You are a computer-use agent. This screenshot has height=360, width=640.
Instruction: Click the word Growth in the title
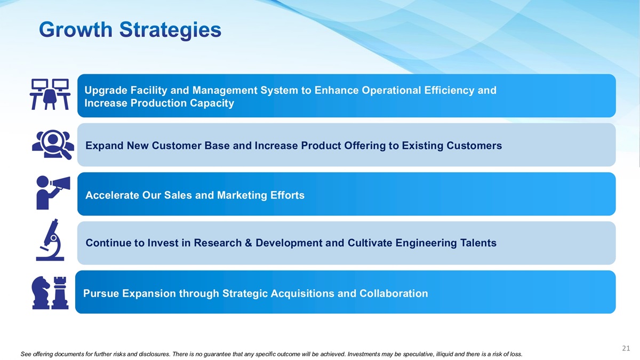click(x=76, y=29)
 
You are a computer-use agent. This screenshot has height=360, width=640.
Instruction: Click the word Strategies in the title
click(x=170, y=30)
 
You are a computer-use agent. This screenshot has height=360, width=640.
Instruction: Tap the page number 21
click(x=626, y=348)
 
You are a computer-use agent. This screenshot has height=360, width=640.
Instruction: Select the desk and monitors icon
click(x=50, y=94)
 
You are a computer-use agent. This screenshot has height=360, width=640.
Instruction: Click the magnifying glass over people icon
click(x=53, y=145)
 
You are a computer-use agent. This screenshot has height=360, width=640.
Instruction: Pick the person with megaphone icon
click(x=53, y=193)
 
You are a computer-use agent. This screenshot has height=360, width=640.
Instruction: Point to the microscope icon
click(x=50, y=240)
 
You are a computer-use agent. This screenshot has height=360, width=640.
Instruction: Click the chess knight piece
click(x=41, y=293)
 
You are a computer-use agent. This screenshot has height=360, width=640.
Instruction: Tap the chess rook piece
click(x=60, y=293)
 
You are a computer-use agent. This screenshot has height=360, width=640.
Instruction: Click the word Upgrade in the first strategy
click(x=106, y=91)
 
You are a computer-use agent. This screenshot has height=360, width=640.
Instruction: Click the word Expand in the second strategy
click(x=105, y=146)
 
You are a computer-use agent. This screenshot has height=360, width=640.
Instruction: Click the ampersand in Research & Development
click(x=249, y=243)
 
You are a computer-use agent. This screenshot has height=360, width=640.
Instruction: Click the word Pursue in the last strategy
click(x=101, y=293)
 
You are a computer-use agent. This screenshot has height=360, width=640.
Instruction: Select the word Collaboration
click(x=394, y=293)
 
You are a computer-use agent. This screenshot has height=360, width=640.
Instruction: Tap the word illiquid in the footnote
click(x=444, y=354)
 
